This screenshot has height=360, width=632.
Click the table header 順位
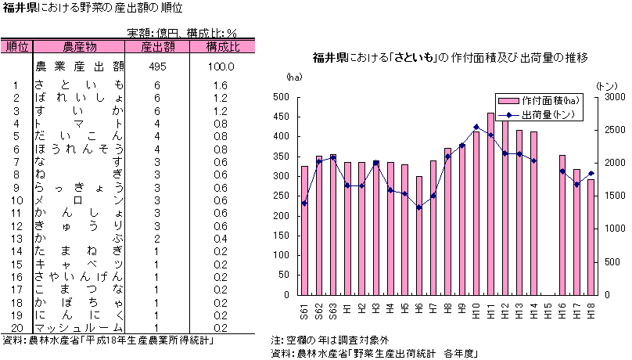16,46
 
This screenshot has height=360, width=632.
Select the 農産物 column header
79,46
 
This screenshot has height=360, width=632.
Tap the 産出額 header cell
157,46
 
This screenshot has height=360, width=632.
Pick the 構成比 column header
222,46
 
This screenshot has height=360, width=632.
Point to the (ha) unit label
293,77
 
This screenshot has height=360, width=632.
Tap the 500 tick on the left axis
281,97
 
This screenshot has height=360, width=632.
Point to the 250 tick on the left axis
281,196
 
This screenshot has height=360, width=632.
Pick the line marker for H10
476,127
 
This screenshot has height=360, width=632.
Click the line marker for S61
304,203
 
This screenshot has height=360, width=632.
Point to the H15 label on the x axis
548,310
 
